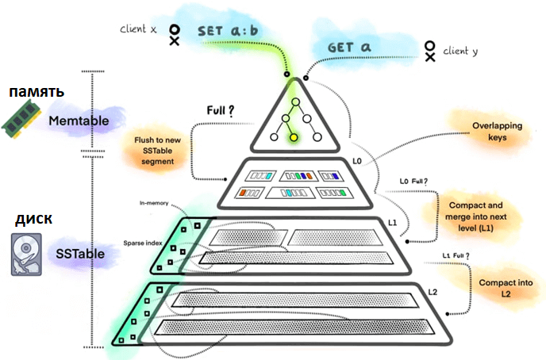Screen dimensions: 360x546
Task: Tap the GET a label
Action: tap(350, 48)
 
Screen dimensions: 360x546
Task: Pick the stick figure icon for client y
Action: tap(429, 51)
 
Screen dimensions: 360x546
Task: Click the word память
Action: tap(37, 92)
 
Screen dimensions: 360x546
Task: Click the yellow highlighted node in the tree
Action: tap(294, 138)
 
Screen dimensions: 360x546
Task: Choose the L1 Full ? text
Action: tap(455, 255)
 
